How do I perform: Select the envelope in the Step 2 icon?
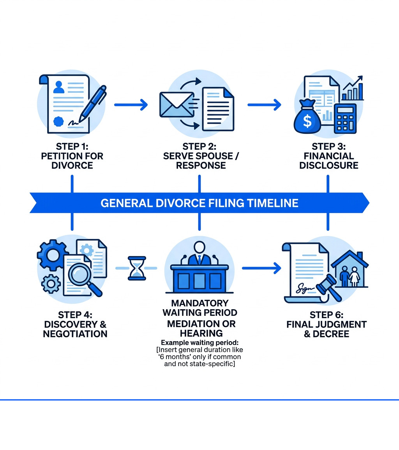(176, 105)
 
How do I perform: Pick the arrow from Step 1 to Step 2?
(131, 105)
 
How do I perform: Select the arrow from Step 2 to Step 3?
(264, 105)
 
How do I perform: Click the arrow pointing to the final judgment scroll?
(261, 268)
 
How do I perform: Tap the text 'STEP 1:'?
(72, 147)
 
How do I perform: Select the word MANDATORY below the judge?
(200, 303)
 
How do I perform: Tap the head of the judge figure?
(199, 247)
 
